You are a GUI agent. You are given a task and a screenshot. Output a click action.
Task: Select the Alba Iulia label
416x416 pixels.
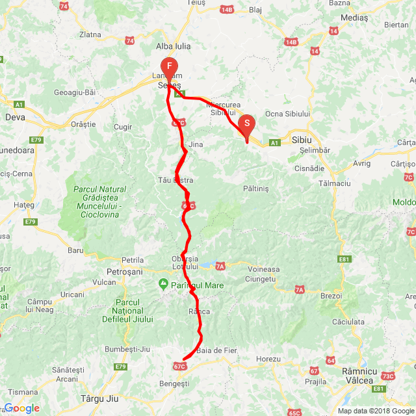(x=172, y=46)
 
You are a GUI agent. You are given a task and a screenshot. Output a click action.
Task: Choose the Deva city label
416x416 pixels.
(x=14, y=118)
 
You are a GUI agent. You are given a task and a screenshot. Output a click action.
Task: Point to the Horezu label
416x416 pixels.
(x=268, y=359)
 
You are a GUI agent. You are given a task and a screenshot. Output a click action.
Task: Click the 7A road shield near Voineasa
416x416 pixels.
(x=220, y=266)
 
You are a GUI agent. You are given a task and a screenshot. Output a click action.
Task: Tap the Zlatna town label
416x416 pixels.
(x=89, y=34)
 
